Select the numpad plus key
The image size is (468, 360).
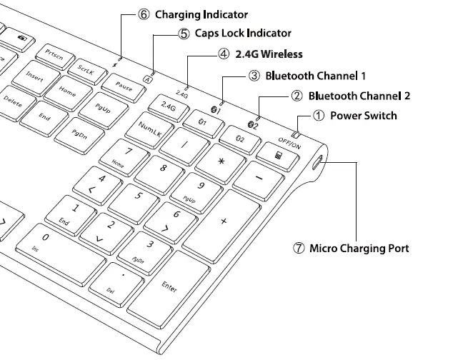[224, 222]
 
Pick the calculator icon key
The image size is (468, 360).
[275, 151]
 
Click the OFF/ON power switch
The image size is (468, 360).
[294, 135]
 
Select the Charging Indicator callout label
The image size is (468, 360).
[201, 14]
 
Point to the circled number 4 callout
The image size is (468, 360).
[224, 54]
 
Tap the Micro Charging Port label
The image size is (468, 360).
[359, 249]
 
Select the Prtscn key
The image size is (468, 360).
[54, 54]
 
